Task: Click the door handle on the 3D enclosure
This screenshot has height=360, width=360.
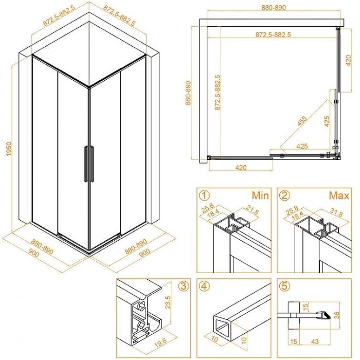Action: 89,164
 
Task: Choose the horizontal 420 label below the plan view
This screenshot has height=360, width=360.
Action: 240,167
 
